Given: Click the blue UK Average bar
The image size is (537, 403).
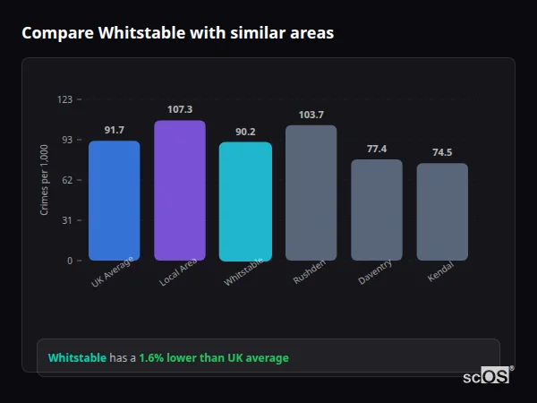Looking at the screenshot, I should (114, 201).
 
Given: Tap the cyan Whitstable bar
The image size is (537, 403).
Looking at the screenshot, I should (245, 201).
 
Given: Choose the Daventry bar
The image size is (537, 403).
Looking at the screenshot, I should (376, 210).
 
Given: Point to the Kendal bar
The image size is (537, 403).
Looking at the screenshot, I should (442, 211).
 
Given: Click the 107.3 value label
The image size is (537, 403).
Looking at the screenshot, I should (179, 109).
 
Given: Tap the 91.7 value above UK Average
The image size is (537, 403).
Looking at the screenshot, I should (114, 130).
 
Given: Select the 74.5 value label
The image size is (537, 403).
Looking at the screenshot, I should (442, 152).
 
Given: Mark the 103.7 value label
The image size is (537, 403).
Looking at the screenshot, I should (311, 115).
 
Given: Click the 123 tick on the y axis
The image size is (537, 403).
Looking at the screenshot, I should (64, 99).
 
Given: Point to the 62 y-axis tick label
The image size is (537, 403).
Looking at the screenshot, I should (66, 180).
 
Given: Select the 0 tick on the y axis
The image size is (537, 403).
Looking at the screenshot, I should (69, 261).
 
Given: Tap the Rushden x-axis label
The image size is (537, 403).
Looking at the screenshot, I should (310, 272).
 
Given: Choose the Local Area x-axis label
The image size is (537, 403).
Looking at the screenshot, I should (178, 274).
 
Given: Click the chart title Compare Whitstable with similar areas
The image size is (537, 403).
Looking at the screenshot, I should (177, 33).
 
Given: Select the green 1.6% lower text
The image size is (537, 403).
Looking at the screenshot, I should (214, 358).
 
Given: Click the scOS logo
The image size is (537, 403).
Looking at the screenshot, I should (486, 376).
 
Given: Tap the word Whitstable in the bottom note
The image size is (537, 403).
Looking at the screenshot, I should (77, 358).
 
